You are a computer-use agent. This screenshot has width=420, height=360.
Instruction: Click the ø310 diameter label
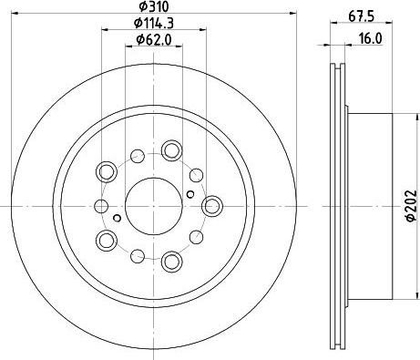tap(153, 6)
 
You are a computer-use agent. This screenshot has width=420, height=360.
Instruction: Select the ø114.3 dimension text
tap(154, 23)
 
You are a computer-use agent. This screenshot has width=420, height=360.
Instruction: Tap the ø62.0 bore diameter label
tap(154, 40)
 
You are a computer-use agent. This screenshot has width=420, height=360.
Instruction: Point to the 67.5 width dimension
tap(361, 16)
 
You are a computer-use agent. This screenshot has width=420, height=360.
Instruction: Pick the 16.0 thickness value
tap(370, 39)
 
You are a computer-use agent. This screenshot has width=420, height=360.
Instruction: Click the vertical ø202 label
tap(411, 206)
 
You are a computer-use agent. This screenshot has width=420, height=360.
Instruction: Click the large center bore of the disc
tap(154, 206)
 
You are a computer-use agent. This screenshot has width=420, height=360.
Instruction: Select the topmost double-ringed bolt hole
tap(171, 150)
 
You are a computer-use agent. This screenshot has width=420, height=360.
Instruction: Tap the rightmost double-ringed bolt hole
tap(211, 206)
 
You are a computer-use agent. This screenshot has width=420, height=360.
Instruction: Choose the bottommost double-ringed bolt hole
tap(171, 262)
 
